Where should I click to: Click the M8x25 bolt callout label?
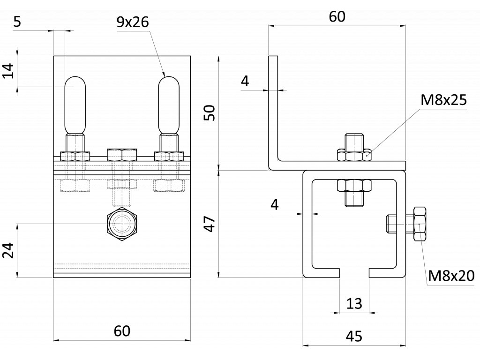pyautogui.click(x=443, y=99)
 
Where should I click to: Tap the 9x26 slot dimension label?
pyautogui.click(x=133, y=22)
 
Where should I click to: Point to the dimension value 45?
pyautogui.click(x=354, y=336)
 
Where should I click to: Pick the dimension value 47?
pyautogui.click(x=210, y=224)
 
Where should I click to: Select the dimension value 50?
pyautogui.click(x=210, y=113)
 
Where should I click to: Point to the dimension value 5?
pyautogui.click(x=17, y=22)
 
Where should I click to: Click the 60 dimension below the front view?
pyautogui.click(x=122, y=331)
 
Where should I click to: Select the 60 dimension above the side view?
pyautogui.click(x=337, y=17)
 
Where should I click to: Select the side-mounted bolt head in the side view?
pyautogui.click(x=419, y=224)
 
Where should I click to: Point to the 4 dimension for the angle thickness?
pyautogui.click(x=245, y=82)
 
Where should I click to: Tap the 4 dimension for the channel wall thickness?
pyautogui.click(x=275, y=204)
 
